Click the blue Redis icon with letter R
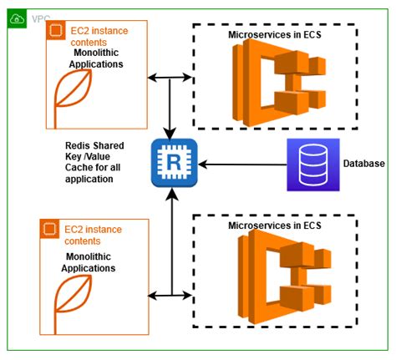pyautogui.click(x=170, y=163)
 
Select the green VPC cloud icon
pyautogui.click(x=18, y=18)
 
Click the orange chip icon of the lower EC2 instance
pyautogui.click(x=49, y=228)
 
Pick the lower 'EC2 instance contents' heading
pyautogui.click(x=94, y=233)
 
